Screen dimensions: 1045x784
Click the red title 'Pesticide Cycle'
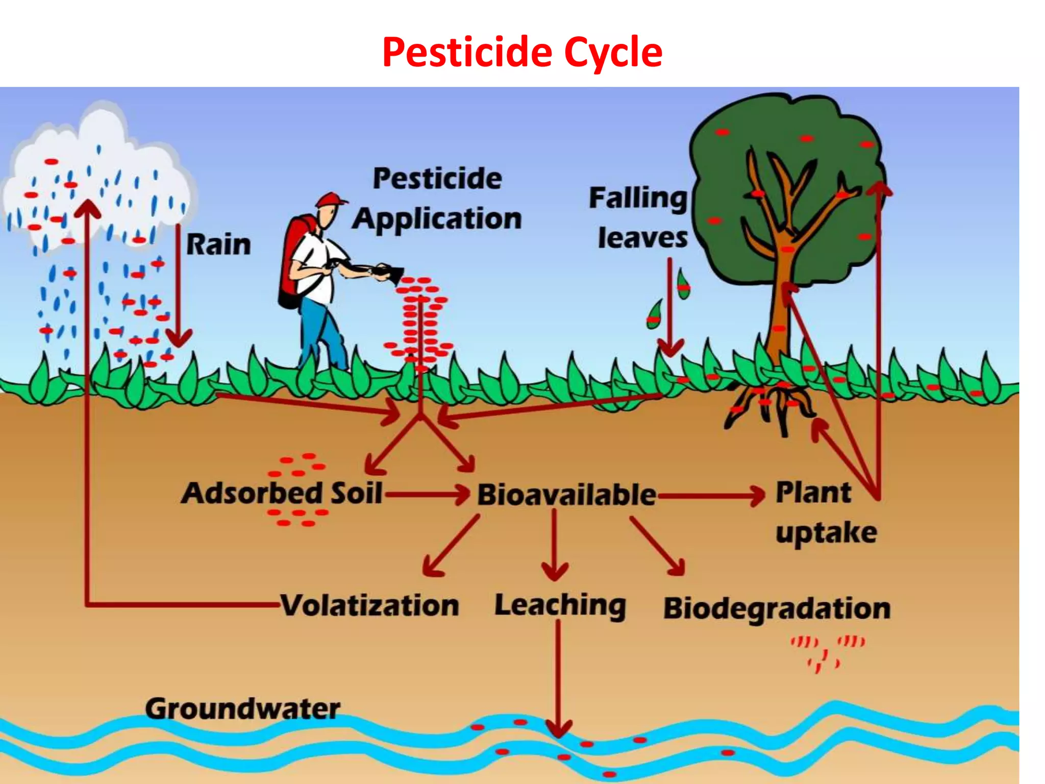click(522, 53)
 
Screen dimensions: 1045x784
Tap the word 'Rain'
click(218, 244)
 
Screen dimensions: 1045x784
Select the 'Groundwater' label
click(242, 709)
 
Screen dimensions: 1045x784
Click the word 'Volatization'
click(370, 606)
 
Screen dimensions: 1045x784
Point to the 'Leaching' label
click(560, 606)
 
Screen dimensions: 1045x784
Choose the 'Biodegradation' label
click(777, 609)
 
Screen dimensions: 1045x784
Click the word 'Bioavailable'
click(566, 495)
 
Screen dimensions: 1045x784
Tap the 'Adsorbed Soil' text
click(282, 494)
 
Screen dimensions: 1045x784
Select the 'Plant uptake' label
click(825, 513)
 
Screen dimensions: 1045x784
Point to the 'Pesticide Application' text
click(437, 199)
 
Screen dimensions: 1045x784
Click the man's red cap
click(331, 200)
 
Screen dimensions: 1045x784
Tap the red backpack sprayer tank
click(293, 260)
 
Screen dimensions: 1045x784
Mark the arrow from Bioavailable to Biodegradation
click(658, 546)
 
